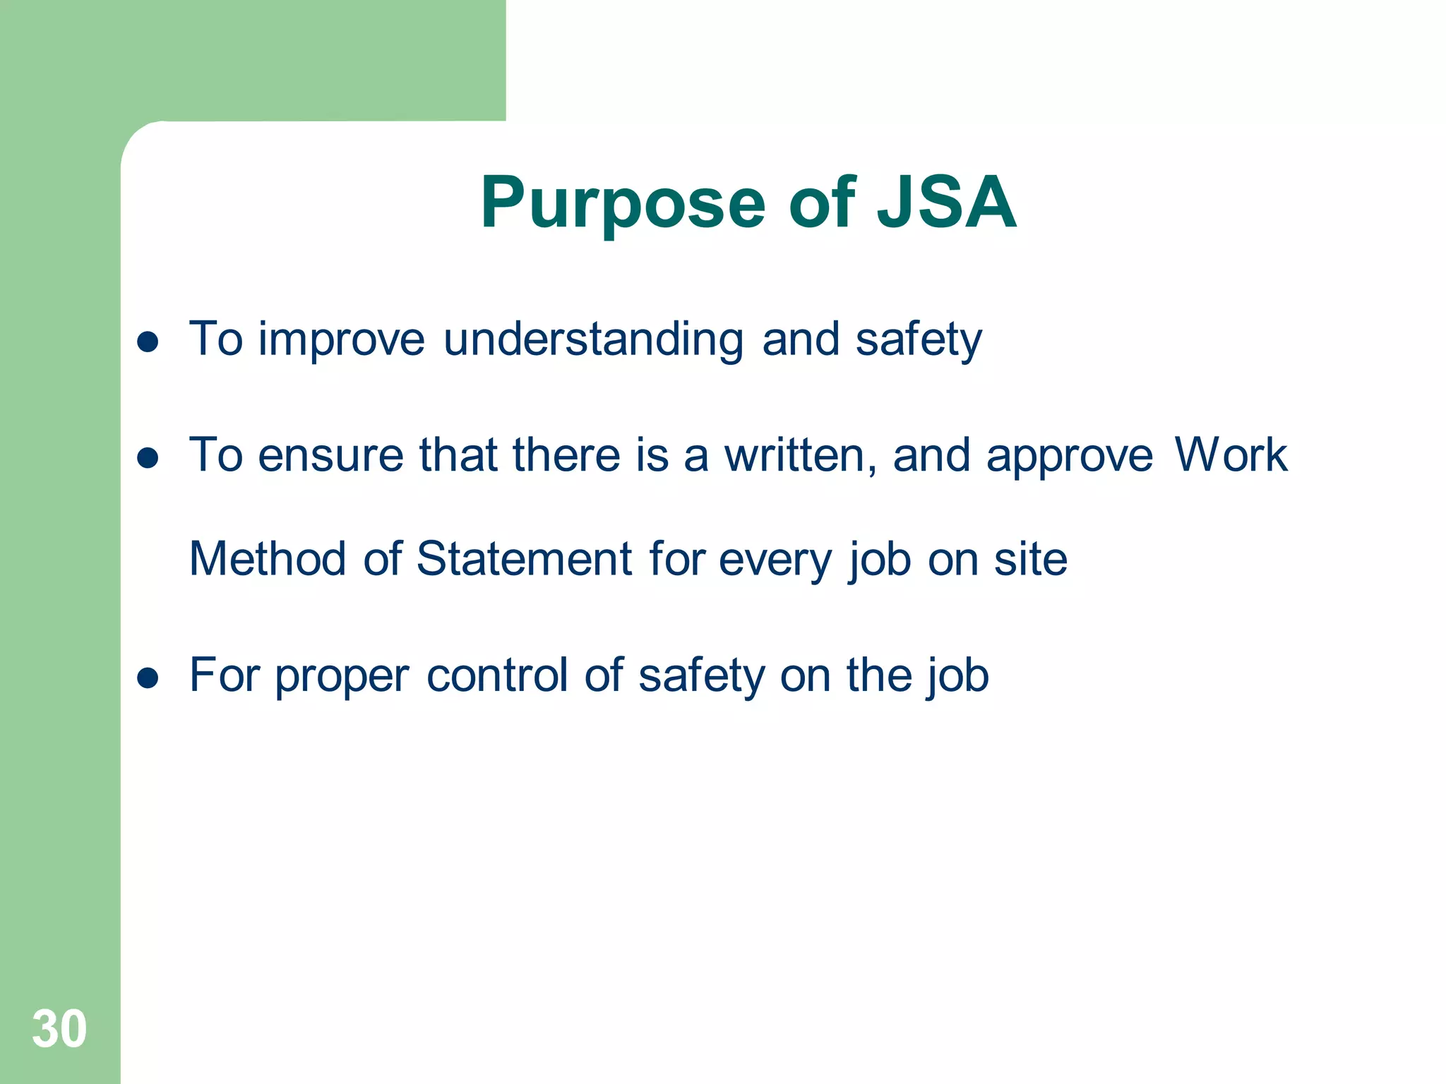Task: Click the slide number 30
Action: pyautogui.click(x=59, y=1029)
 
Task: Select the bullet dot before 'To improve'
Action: pyautogui.click(x=148, y=342)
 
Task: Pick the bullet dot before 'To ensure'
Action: pyautogui.click(x=148, y=459)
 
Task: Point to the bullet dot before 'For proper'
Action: pyautogui.click(x=148, y=678)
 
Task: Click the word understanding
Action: pyautogui.click(x=593, y=340)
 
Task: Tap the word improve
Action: pyautogui.click(x=341, y=340)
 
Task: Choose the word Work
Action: pyautogui.click(x=1231, y=455)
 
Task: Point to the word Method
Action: pyautogui.click(x=268, y=559)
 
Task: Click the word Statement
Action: pyautogui.click(x=524, y=559)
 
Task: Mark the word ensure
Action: pyautogui.click(x=330, y=457)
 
